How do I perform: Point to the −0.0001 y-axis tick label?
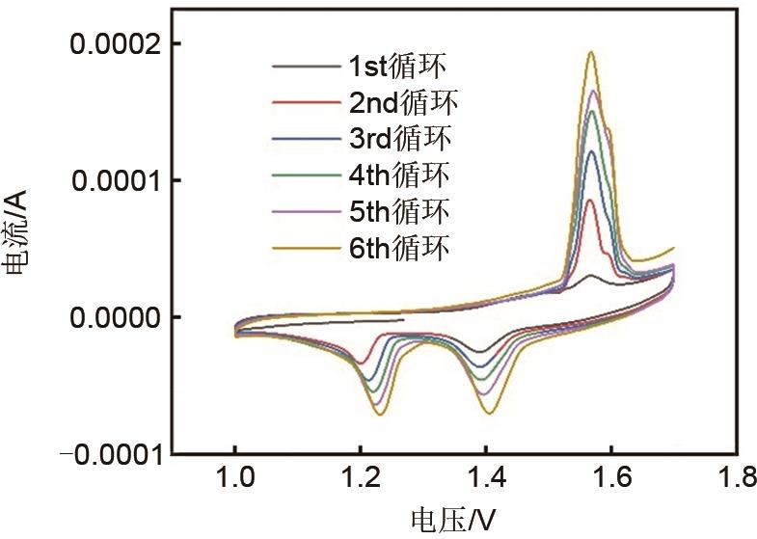coord(108,454)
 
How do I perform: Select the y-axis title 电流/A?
coord(18,249)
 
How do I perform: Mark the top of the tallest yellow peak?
coord(591,52)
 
